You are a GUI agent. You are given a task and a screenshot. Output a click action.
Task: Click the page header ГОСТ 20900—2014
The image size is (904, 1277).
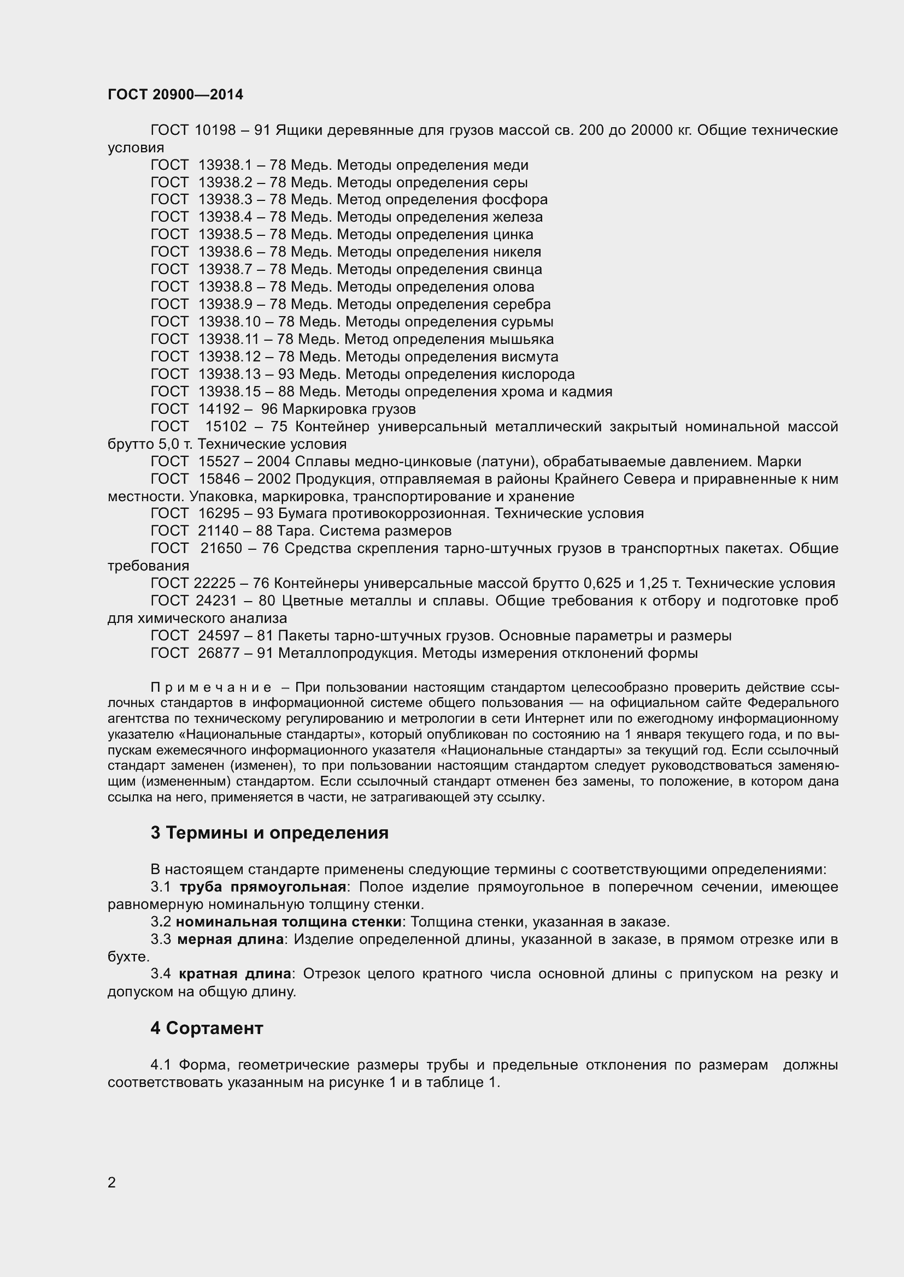(x=175, y=95)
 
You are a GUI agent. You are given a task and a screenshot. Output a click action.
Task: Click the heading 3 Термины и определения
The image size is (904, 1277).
(x=269, y=833)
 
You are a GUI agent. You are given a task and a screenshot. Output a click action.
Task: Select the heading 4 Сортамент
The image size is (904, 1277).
(x=207, y=1029)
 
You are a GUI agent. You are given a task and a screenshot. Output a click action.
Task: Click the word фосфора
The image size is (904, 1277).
(x=514, y=200)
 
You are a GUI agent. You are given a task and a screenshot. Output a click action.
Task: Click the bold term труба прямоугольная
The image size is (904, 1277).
(x=263, y=887)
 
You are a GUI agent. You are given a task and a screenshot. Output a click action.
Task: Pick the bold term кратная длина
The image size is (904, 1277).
(x=235, y=974)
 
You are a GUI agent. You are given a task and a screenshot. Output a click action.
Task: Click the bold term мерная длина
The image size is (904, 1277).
(x=231, y=940)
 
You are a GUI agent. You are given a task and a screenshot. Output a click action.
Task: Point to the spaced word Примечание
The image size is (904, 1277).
(x=211, y=688)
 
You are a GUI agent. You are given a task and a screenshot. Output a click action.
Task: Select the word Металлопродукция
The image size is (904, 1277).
(x=348, y=654)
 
